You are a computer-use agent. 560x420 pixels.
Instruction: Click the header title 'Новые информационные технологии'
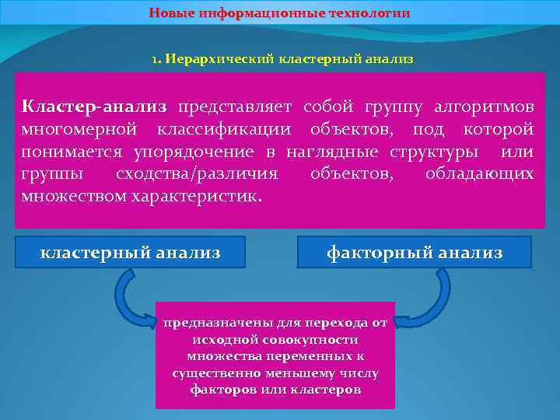tap(279, 13)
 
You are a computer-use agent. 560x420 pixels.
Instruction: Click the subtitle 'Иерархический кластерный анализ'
tap(288, 58)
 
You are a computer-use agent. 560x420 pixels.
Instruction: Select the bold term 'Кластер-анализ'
tap(94, 106)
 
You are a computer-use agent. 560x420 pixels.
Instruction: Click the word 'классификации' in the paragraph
tap(226, 128)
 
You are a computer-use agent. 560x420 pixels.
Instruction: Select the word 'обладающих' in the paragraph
tap(479, 173)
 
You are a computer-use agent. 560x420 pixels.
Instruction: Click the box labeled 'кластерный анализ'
tap(131, 252)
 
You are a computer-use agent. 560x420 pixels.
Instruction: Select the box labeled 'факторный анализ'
tap(415, 252)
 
